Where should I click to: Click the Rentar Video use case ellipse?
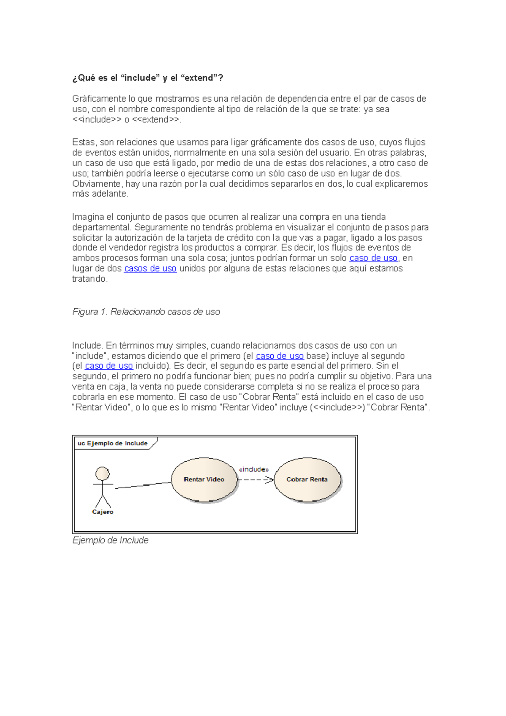(x=204, y=479)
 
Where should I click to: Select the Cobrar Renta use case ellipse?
(x=307, y=479)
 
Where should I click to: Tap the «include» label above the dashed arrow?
(x=253, y=469)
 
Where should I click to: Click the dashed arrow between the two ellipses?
(x=256, y=480)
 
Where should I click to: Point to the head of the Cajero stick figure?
(x=102, y=474)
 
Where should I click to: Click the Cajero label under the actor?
(x=102, y=512)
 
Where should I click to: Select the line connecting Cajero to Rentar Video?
(x=143, y=485)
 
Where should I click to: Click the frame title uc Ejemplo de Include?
(x=113, y=443)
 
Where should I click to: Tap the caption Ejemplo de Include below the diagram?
(x=110, y=540)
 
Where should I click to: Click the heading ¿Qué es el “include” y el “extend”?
(x=148, y=78)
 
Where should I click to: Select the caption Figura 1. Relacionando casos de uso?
(x=146, y=312)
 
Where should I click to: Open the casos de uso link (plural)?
(x=150, y=269)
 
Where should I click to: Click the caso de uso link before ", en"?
(x=374, y=258)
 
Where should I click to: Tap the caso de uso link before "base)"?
(x=280, y=356)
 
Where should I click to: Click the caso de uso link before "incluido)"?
(x=109, y=366)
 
